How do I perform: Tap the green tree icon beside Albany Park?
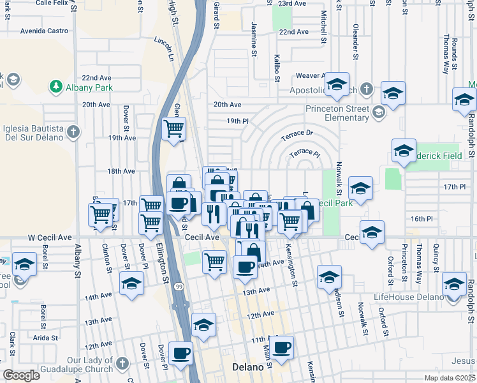click(56, 86)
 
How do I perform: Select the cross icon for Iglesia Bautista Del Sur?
click(73, 132)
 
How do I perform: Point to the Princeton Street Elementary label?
click(337, 113)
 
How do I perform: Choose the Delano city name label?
click(246, 368)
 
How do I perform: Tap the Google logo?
click(22, 375)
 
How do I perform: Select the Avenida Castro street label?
click(44, 31)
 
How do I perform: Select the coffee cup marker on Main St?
click(281, 348)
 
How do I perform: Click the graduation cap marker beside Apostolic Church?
click(336, 84)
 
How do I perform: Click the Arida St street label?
click(45, 338)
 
